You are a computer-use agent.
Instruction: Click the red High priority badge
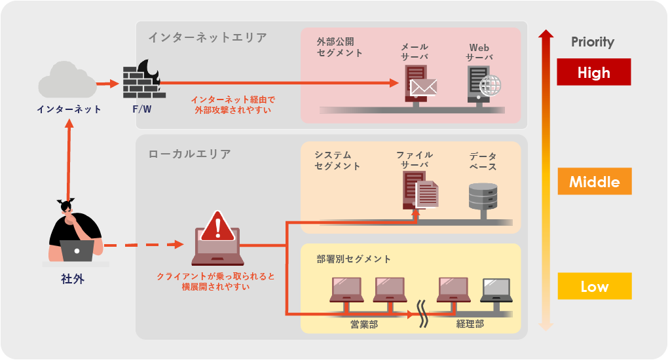[593, 72]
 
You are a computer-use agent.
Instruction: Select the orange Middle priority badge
[594, 181]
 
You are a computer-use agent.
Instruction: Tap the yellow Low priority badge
[594, 286]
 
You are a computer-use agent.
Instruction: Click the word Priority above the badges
[592, 42]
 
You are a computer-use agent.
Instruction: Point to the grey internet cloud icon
[67, 80]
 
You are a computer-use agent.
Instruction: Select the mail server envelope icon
[422, 87]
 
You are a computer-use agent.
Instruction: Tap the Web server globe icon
[489, 86]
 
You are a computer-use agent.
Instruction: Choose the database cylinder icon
[483, 196]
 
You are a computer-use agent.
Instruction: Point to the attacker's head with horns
[66, 207]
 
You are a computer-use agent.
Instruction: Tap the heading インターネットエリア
[207, 37]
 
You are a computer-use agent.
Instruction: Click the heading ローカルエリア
[189, 154]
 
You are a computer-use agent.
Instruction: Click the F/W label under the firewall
[141, 109]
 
